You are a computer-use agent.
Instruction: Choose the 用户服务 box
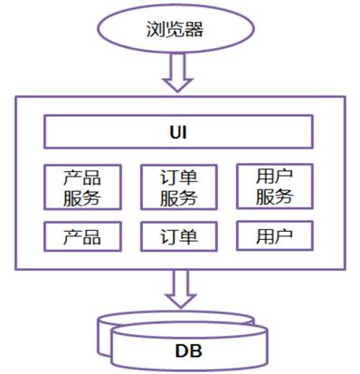(273, 185)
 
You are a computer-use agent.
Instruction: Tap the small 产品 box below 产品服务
(82, 237)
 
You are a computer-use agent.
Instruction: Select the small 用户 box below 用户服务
(273, 236)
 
